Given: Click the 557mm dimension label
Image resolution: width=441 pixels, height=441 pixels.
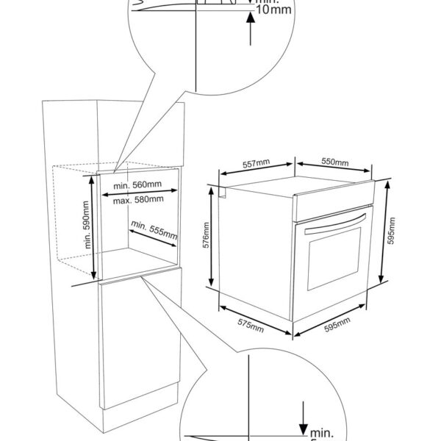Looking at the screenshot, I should coord(254,165).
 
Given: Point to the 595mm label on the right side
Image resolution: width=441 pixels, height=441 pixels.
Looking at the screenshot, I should coord(392,232).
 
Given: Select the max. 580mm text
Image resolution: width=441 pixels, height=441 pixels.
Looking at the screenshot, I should coord(138,199).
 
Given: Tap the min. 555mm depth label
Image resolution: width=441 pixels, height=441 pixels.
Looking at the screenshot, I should coord(154,230).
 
